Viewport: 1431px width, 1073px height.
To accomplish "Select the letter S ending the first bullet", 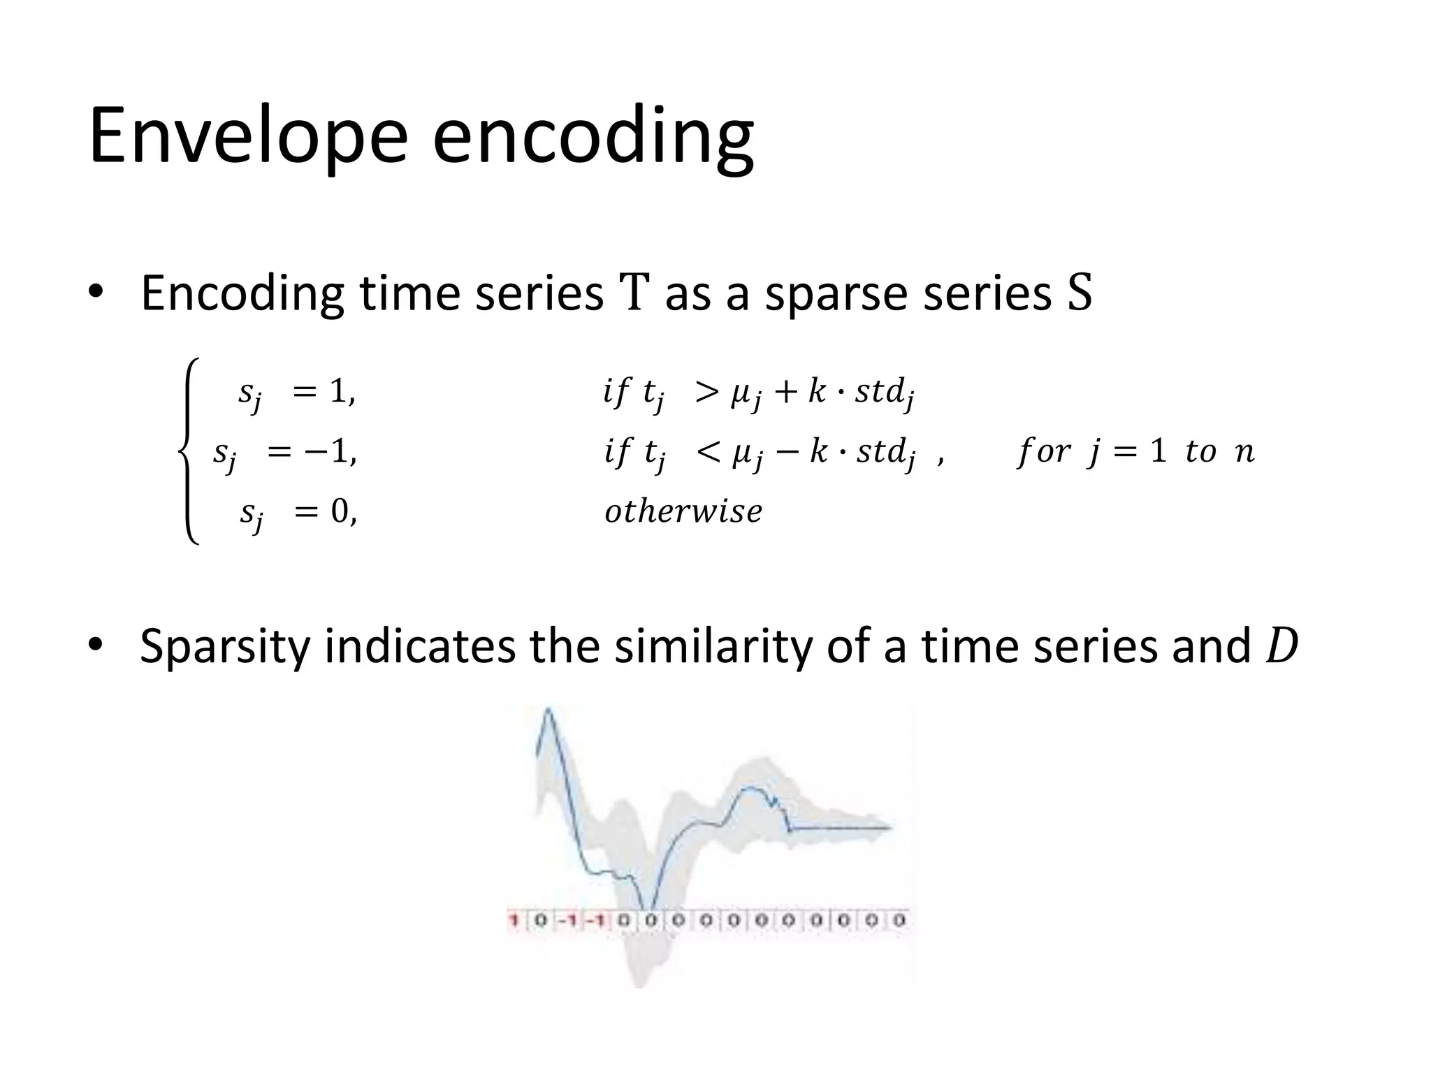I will click(x=1080, y=293).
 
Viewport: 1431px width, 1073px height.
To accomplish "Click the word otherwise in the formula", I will click(x=683, y=511).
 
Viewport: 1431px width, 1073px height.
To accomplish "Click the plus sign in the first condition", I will click(x=785, y=393).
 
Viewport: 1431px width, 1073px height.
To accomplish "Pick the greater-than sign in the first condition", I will click(x=706, y=393).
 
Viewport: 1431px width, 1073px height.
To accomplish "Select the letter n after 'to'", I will click(x=1244, y=452).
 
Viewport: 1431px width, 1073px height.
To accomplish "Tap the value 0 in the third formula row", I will click(x=340, y=512).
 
